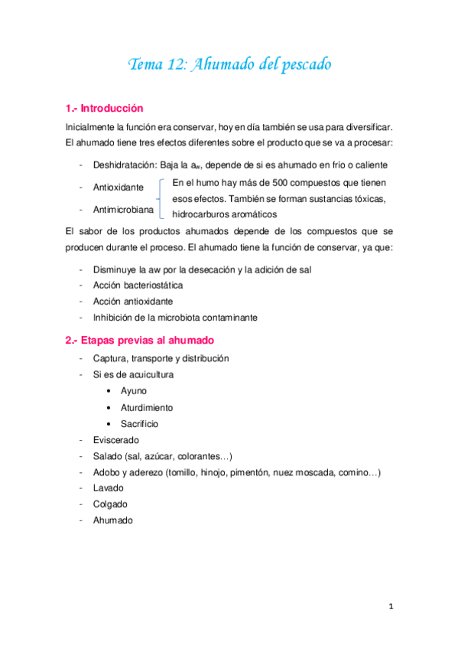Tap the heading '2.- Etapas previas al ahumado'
pyautogui.click(x=138, y=341)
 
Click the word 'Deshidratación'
pyautogui.click(x=125, y=165)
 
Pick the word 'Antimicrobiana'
pyautogui.click(x=123, y=209)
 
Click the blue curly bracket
pyautogui.click(x=161, y=198)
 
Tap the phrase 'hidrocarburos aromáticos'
pyautogui.click(x=225, y=214)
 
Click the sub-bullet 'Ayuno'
pyautogui.click(x=134, y=391)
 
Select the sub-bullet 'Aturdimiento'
pyautogui.click(x=147, y=408)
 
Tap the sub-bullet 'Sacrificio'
pyautogui.click(x=139, y=424)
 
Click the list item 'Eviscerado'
pyautogui.click(x=115, y=441)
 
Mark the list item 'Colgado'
pyautogui.click(x=110, y=504)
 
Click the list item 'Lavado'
pyautogui.click(x=109, y=488)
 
